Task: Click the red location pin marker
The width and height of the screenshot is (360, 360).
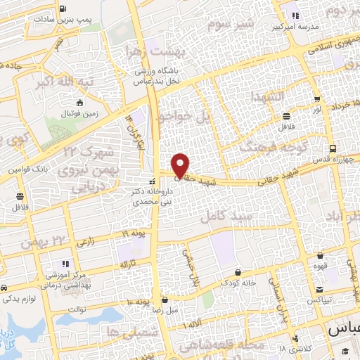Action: point(181,165)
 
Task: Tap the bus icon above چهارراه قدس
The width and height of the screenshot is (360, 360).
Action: point(333,148)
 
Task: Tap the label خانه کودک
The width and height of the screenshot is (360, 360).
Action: point(238,283)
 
